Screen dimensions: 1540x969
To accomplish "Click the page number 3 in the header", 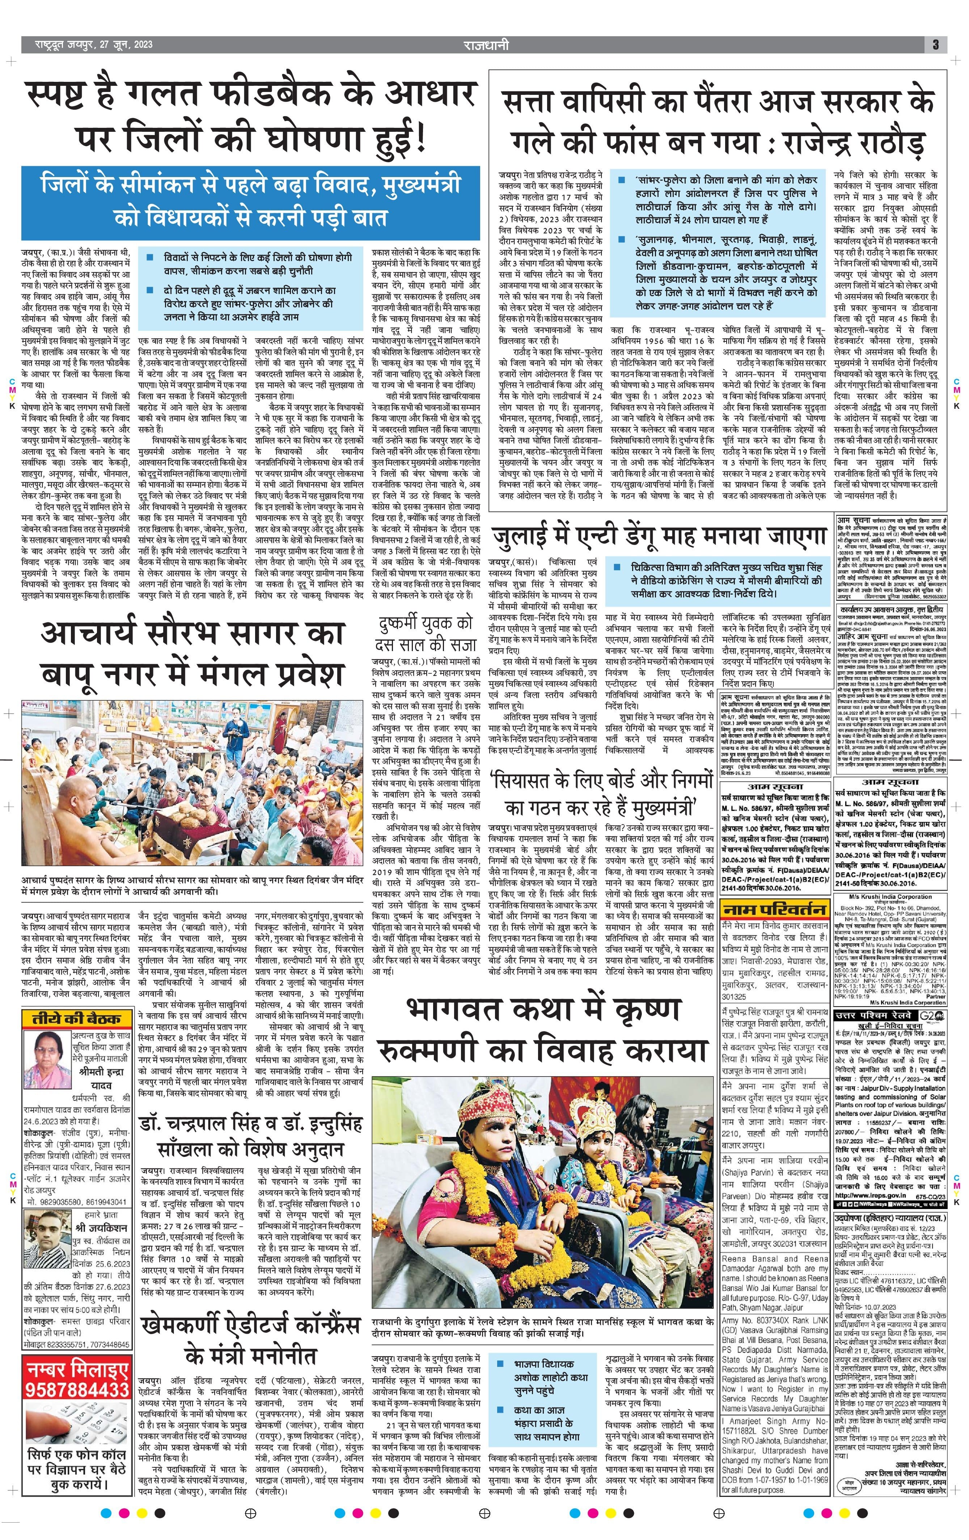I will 935,45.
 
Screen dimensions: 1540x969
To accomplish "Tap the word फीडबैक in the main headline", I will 275,97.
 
